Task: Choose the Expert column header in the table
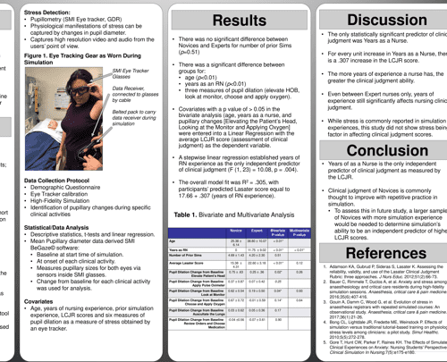tap(257, 231)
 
